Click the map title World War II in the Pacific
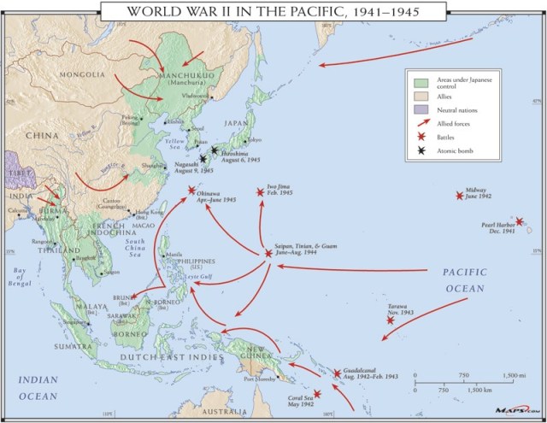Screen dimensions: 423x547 tap(273, 10)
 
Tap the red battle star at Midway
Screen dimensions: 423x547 tap(460, 196)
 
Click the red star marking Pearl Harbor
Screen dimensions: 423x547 tap(519, 221)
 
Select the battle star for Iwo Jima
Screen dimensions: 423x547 tap(261, 192)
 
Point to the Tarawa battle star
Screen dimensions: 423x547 tap(391, 320)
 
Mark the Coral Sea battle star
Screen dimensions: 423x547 tap(317, 394)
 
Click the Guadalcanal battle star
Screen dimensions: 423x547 tap(337, 373)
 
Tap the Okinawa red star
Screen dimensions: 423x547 tap(192, 191)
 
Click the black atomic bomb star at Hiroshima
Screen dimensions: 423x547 tap(215, 150)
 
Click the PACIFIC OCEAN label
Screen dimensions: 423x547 tap(465, 280)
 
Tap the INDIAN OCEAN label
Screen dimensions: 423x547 tap(38, 389)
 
